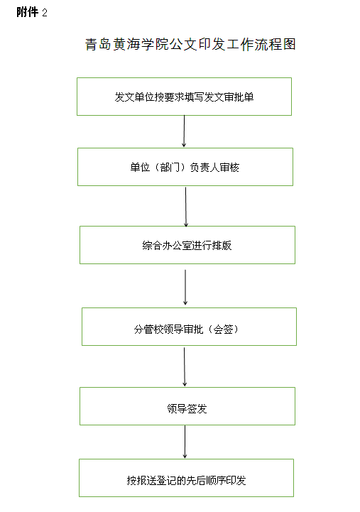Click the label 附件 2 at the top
pos(32,12)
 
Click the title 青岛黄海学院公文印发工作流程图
pos(190,45)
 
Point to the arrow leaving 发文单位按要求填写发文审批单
pos(184,131)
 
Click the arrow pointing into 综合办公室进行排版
pos(186,207)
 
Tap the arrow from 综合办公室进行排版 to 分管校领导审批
pos(185,288)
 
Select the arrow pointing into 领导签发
pos(185,366)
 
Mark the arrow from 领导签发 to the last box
pos(185,442)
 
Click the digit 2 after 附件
pos(45,13)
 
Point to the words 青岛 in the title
pos(98,45)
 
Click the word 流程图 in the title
pos(276,45)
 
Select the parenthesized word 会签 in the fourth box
pos(223,329)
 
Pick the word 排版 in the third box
pos(222,245)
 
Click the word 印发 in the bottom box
pos(236,480)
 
